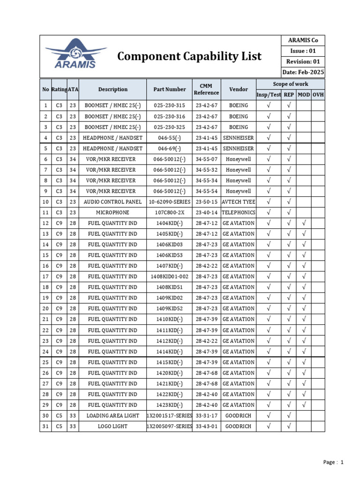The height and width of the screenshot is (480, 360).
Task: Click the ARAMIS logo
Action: [75, 54]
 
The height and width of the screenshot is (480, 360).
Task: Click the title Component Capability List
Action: [189, 56]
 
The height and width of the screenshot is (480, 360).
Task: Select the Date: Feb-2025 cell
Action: [303, 72]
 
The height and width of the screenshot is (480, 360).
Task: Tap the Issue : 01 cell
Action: [303, 51]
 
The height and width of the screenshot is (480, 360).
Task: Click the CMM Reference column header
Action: [206, 89]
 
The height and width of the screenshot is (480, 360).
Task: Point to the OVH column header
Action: [318, 95]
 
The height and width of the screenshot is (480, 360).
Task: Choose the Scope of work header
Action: [291, 84]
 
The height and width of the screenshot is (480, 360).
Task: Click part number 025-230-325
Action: [169, 127]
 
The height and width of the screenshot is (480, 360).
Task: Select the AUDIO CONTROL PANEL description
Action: [112, 202]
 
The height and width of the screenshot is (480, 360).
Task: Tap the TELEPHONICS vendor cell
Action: [239, 212]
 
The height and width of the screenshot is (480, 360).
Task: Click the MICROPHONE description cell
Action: [112, 212]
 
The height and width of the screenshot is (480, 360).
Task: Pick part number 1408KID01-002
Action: [169, 277]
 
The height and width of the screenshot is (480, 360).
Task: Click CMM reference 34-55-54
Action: [206, 191]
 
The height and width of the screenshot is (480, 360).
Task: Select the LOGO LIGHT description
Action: [112, 427]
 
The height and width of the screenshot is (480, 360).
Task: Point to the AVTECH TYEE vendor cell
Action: [239, 202]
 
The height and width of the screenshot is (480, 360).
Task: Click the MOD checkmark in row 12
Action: [304, 223]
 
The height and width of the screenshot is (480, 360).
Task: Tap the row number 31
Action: [45, 427]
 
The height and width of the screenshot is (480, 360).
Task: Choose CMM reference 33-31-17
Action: [206, 416]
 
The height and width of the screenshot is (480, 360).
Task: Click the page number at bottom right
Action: [334, 462]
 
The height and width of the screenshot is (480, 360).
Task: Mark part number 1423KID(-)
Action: [169, 405]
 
